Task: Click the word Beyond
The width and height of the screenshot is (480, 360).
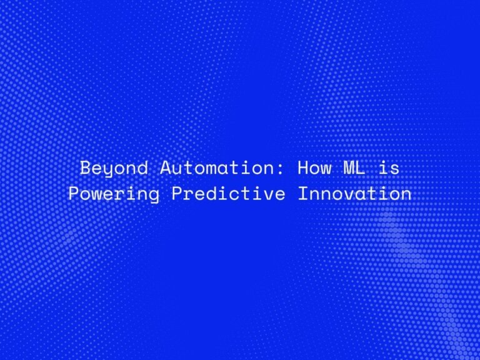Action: point(114,169)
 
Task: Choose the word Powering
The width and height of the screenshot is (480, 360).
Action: point(114,194)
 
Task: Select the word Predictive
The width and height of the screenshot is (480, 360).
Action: point(229,194)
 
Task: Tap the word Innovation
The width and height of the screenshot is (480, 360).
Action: point(354,194)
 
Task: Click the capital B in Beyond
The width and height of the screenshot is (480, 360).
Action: point(86,168)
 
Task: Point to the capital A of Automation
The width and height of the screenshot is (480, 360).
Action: point(165,168)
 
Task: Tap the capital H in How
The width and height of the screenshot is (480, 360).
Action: point(304,168)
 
